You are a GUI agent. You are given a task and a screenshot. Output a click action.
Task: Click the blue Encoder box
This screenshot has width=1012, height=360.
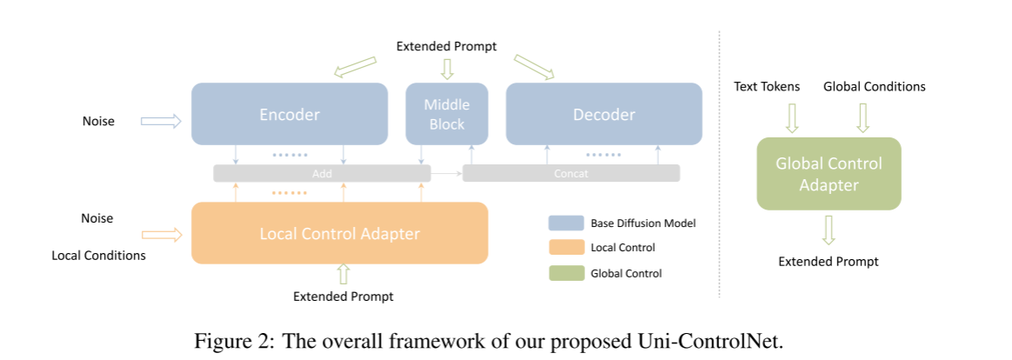point(290,114)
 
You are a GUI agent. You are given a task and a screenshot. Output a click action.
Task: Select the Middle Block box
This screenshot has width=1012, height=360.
point(447,114)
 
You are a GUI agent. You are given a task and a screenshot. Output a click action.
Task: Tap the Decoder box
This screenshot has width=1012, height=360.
point(603,114)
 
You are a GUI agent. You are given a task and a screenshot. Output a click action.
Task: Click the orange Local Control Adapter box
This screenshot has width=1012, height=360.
point(339,233)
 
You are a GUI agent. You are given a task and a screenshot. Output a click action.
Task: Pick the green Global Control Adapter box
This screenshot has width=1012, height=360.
point(829,174)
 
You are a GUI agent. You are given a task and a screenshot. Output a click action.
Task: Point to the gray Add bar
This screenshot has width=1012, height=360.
point(322,174)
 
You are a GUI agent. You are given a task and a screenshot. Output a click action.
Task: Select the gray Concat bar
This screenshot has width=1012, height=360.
point(570,174)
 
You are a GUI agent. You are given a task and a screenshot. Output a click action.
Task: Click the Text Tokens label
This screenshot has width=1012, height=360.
point(767,86)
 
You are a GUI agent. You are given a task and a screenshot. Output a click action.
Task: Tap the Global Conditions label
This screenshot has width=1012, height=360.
point(874,86)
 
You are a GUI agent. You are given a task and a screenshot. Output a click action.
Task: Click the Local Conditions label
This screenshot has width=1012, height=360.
point(98,256)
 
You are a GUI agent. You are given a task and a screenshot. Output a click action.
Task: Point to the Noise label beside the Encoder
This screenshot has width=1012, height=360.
point(98,121)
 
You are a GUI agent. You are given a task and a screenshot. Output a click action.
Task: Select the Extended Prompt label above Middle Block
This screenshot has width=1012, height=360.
point(446,46)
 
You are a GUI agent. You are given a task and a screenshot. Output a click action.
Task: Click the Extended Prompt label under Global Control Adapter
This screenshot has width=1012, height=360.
point(828,261)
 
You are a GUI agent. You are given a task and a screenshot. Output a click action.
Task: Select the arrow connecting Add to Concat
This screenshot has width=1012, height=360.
point(446,174)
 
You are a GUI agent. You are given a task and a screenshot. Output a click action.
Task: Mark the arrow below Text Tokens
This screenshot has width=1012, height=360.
point(791,117)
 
